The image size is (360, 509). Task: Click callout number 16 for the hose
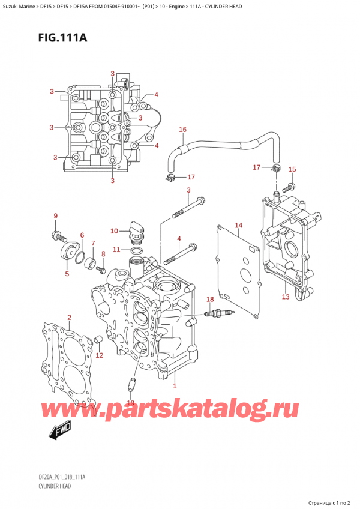coord(182,129)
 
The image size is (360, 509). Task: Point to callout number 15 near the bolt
coord(292,170)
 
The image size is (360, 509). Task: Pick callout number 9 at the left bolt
coord(55,216)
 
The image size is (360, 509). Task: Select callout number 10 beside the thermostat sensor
coord(114,231)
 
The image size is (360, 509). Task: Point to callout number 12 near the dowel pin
coord(100,355)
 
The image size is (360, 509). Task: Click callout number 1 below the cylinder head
coord(175,386)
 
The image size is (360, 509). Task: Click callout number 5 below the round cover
coord(67,274)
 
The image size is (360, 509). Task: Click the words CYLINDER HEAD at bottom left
coord(53,486)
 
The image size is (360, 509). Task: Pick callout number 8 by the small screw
coord(103,254)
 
